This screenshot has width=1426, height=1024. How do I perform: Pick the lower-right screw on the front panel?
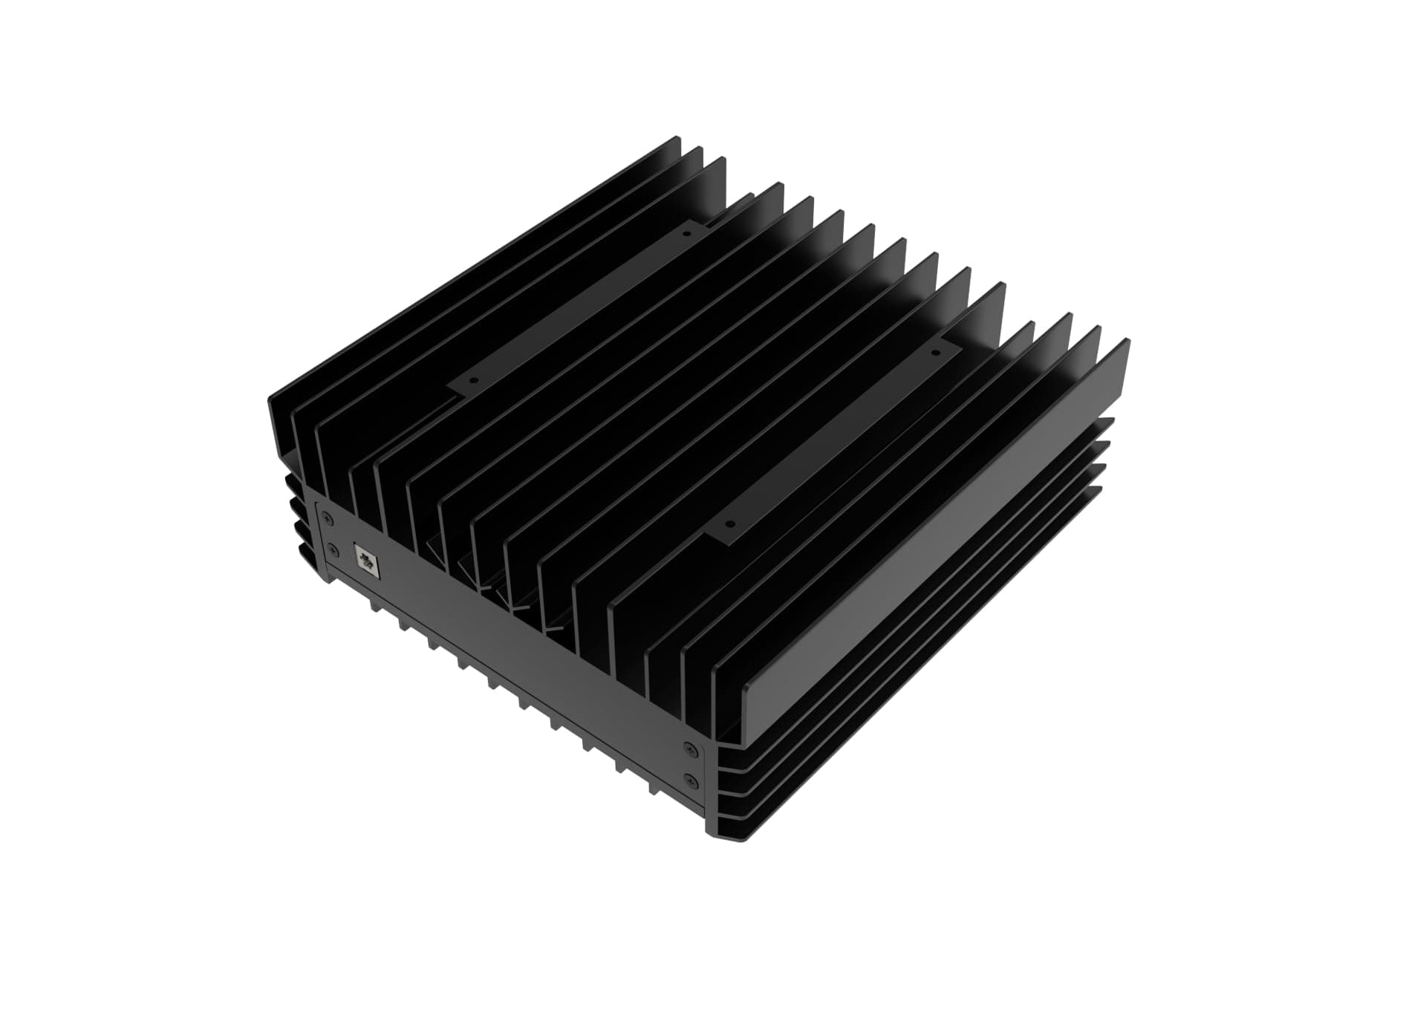pos(692,780)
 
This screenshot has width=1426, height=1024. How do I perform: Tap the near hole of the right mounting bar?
pos(729,523)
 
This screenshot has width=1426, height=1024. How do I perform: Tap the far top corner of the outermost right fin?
pos(1127,341)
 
